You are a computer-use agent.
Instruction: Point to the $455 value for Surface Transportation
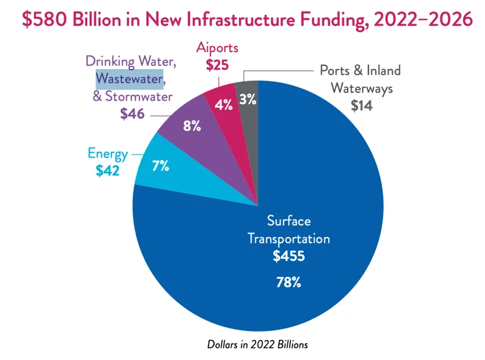(288, 256)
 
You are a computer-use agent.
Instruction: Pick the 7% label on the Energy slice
(161, 165)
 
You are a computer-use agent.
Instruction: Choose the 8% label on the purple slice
(192, 127)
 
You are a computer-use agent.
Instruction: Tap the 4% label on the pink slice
(224, 104)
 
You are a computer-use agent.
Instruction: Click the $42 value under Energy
(107, 171)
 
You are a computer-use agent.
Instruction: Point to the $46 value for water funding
(132, 113)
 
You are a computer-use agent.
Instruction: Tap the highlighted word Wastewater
(129, 79)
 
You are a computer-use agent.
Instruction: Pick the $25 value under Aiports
(217, 65)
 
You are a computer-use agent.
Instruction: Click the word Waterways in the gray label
(361, 88)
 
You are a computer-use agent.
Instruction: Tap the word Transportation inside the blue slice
(288, 238)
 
